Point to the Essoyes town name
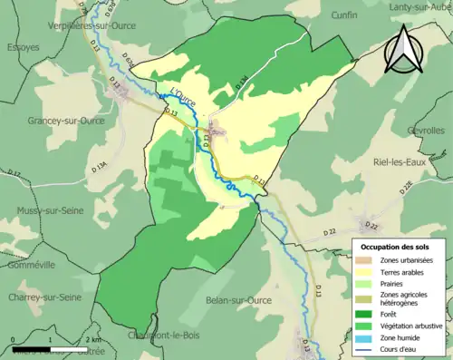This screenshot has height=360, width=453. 24,46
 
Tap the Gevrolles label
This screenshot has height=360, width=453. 426,130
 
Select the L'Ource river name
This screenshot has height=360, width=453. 182,99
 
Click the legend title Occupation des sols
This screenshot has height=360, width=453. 397,247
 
